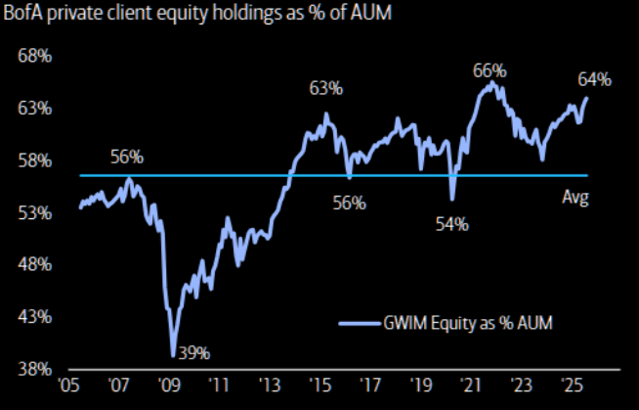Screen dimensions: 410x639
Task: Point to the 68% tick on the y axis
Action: (x=36, y=55)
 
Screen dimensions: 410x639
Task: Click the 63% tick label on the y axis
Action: (x=36, y=108)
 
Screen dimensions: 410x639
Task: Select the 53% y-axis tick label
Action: (x=36, y=212)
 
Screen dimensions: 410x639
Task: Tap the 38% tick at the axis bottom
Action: (x=36, y=369)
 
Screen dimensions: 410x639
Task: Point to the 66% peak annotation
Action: (x=490, y=70)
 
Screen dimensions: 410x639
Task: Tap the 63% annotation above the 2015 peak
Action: (x=326, y=89)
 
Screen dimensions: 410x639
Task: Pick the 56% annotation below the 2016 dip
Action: (x=349, y=203)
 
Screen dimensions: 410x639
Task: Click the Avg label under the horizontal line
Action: (x=575, y=197)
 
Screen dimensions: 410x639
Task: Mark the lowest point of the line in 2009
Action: (x=173, y=355)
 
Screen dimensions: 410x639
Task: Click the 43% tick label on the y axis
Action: (x=36, y=317)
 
